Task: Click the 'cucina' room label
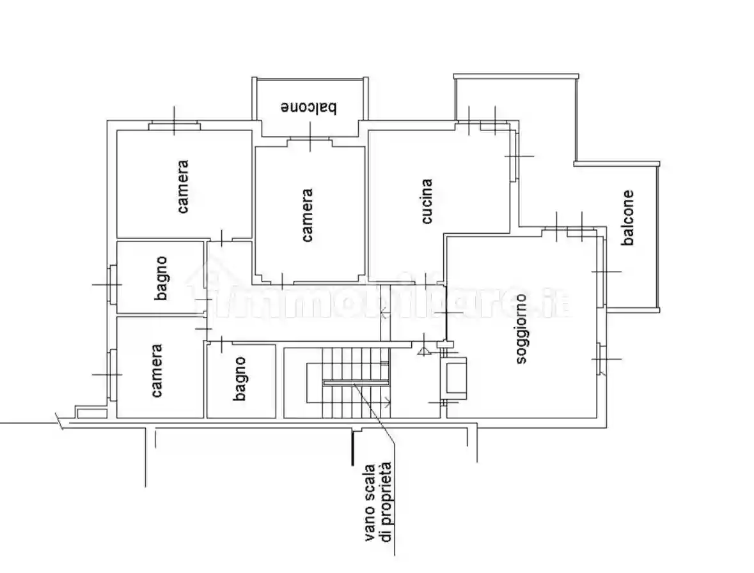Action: pos(427,201)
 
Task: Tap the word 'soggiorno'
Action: pos(522,328)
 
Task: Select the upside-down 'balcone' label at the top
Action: pos(309,107)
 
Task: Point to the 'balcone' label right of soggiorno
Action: pos(629,218)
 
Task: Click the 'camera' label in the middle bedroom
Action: pos(308,215)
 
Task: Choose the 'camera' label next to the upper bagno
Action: pos(157,371)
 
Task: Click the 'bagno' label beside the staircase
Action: pos(240,379)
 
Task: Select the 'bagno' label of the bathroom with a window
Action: pos(162,278)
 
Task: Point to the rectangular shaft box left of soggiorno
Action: pos(455,378)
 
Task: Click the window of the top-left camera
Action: pos(174,126)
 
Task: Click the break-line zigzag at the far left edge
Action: pos(59,422)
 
